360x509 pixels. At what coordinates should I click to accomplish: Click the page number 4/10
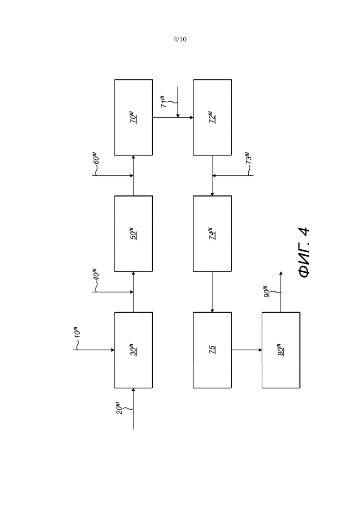pyautogui.click(x=180, y=39)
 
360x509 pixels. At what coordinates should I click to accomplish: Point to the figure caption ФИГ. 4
pyautogui.click(x=304, y=252)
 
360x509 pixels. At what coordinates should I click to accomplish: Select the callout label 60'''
pyautogui.click(x=96, y=158)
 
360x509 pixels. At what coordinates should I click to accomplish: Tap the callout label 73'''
pyautogui.click(x=248, y=158)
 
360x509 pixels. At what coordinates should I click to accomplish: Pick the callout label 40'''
pyautogui.click(x=96, y=274)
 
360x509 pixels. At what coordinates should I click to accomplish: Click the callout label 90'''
pyautogui.click(x=266, y=292)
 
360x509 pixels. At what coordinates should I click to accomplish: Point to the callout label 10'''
pyautogui.click(x=77, y=332)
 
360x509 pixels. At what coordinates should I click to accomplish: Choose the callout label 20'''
pyautogui.click(x=119, y=408)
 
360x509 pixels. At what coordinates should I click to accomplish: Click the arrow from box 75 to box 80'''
pyautogui.click(x=247, y=350)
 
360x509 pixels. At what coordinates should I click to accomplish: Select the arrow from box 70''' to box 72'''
pyautogui.click(x=173, y=118)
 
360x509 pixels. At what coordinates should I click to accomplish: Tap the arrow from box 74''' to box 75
pyautogui.click(x=212, y=292)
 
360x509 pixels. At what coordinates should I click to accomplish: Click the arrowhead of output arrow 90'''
pyautogui.click(x=281, y=273)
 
